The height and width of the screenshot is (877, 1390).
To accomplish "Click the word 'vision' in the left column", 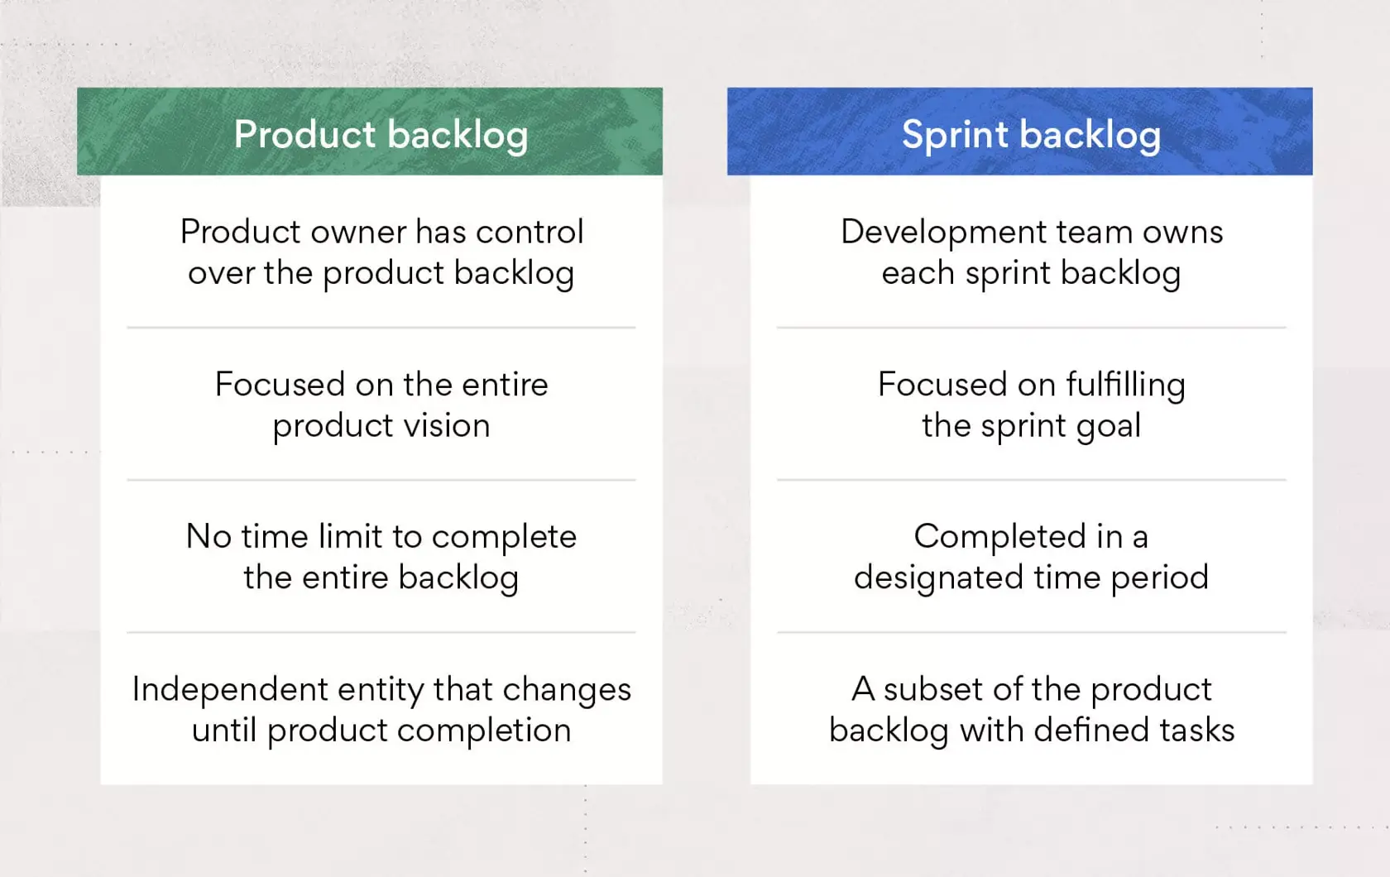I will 453,426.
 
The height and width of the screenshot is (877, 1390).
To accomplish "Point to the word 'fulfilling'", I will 1125,385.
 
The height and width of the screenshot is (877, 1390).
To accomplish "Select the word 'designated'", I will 937,577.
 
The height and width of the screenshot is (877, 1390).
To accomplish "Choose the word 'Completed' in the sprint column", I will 999,537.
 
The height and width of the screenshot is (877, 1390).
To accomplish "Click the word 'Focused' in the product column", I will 280,385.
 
